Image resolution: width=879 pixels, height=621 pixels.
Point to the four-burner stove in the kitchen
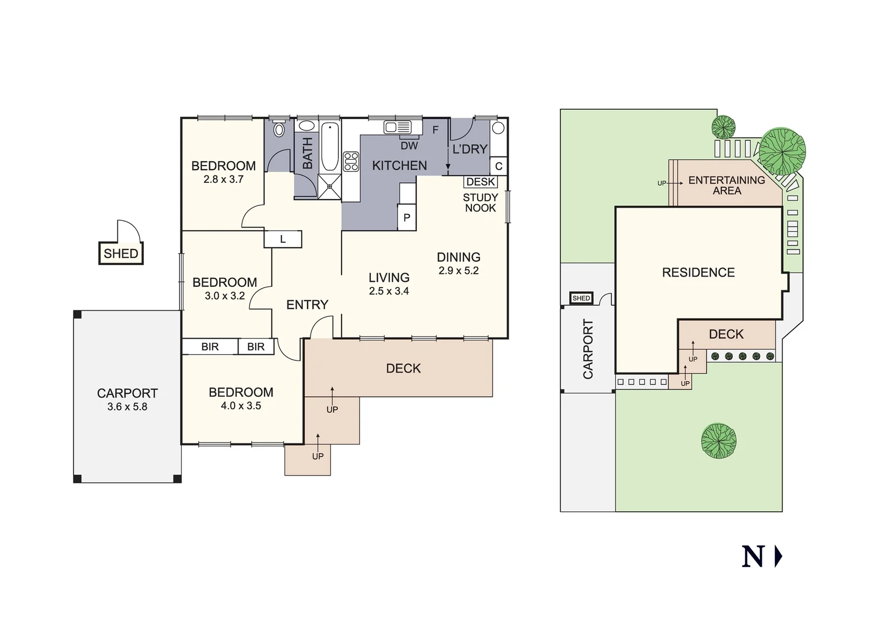[351, 162]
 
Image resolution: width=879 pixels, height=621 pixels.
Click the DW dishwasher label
[409, 146]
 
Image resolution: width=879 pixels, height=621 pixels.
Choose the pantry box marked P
[407, 218]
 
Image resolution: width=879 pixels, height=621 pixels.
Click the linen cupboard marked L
[283, 239]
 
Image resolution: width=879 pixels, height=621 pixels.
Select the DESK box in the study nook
[481, 182]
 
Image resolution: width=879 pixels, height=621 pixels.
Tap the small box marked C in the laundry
[498, 166]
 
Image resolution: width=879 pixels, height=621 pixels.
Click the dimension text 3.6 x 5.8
[127, 407]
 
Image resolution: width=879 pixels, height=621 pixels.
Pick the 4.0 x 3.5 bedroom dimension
[241, 406]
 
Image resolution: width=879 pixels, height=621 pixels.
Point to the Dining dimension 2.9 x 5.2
[458, 271]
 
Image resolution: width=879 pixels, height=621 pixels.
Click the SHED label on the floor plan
[121, 254]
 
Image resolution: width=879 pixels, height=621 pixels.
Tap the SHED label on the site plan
[581, 298]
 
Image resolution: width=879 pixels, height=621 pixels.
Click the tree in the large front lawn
[719, 441]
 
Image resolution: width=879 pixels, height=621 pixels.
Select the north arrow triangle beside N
[778, 557]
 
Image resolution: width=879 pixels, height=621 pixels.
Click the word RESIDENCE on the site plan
[698, 273]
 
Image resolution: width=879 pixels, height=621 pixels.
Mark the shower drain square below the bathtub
[330, 186]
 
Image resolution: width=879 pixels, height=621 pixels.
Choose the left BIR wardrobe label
[210, 347]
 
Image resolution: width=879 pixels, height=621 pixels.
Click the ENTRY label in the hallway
[307, 305]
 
